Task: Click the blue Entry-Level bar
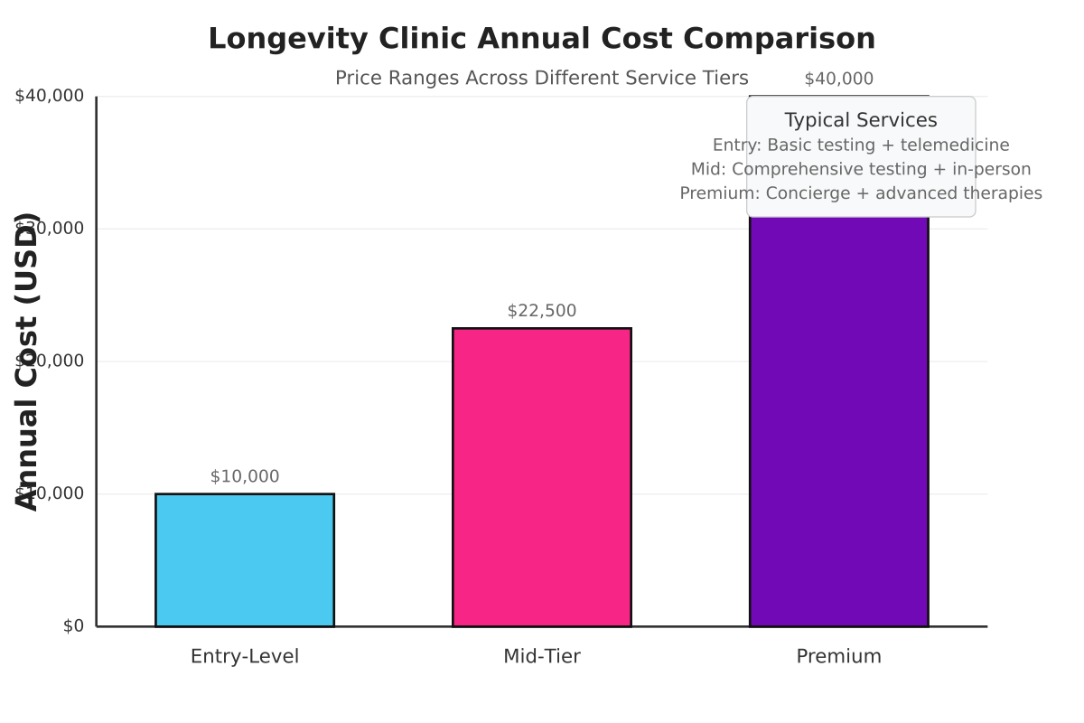pyautogui.click(x=245, y=559)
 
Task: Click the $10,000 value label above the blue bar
pyautogui.click(x=245, y=476)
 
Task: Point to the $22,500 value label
pyautogui.click(x=542, y=311)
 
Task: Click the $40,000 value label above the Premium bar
pyautogui.click(x=838, y=79)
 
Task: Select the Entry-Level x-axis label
pyautogui.click(x=245, y=656)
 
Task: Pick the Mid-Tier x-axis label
pyautogui.click(x=542, y=656)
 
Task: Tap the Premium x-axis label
pyautogui.click(x=838, y=656)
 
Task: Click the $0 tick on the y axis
pyautogui.click(x=73, y=626)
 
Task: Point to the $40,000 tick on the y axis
pyautogui.click(x=50, y=96)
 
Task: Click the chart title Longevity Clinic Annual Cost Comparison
pyautogui.click(x=542, y=39)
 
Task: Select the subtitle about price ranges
pyautogui.click(x=542, y=78)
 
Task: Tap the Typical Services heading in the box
pyautogui.click(x=861, y=120)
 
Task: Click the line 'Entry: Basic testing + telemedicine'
pyautogui.click(x=861, y=145)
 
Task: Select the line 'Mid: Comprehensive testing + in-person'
pyautogui.click(x=861, y=169)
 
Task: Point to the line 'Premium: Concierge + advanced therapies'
pyautogui.click(x=861, y=192)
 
